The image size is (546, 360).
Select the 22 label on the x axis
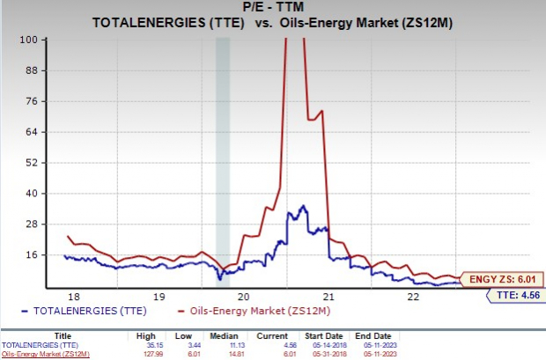412,297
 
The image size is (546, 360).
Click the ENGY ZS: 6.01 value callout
506,279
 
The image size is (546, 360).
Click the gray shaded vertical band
223,158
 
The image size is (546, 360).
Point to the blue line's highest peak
303,206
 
